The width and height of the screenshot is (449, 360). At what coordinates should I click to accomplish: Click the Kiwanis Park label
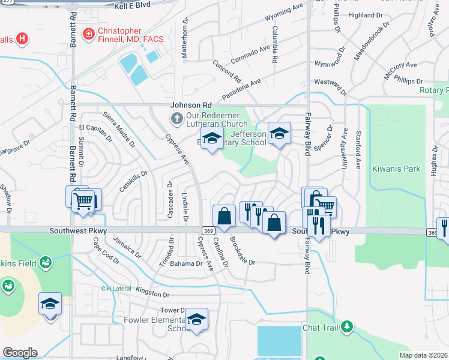click(x=396, y=169)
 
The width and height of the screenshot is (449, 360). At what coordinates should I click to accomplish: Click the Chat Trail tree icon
click(x=346, y=327)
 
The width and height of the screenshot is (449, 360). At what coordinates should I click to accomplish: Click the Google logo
click(x=19, y=353)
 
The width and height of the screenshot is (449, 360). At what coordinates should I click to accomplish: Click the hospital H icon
click(x=22, y=40)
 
